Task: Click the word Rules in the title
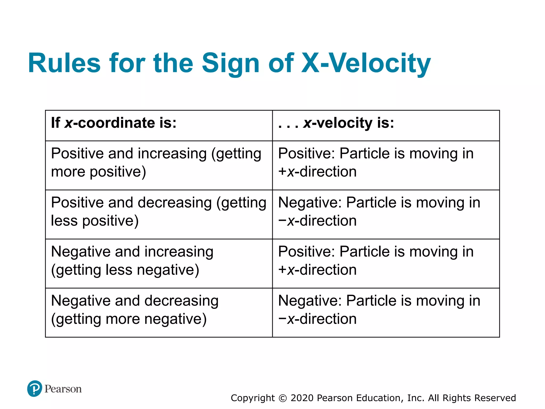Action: [64, 63]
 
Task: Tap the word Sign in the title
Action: [230, 63]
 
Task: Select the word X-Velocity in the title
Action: [366, 63]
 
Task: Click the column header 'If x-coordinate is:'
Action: [114, 123]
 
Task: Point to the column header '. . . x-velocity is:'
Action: [336, 123]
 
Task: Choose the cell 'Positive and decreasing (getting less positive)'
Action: [159, 211]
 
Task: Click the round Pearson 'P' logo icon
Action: [35, 388]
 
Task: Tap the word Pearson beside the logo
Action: [63, 389]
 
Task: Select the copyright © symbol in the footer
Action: [283, 398]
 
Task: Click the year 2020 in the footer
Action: [302, 398]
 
